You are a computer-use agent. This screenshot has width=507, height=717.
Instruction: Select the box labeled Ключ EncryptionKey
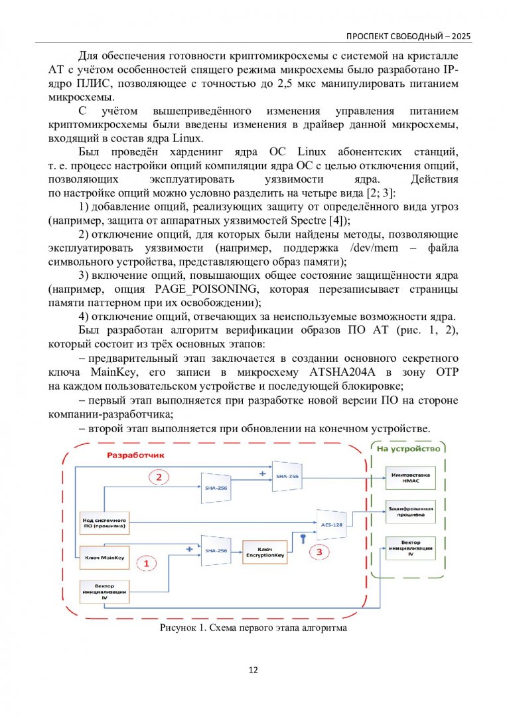tap(265, 551)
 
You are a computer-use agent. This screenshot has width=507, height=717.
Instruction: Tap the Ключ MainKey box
tap(105, 556)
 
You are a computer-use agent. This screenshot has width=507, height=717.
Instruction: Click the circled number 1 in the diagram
tap(147, 563)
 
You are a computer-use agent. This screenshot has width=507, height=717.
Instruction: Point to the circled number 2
tap(158, 477)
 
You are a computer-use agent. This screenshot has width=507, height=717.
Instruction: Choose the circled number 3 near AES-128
tap(321, 550)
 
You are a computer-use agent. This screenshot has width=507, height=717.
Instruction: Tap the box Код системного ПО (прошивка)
tap(105, 523)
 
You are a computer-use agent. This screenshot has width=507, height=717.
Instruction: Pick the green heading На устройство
tap(408, 449)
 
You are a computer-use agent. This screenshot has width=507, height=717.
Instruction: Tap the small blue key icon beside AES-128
tap(303, 537)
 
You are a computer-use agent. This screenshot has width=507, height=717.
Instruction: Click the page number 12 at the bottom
tap(254, 670)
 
